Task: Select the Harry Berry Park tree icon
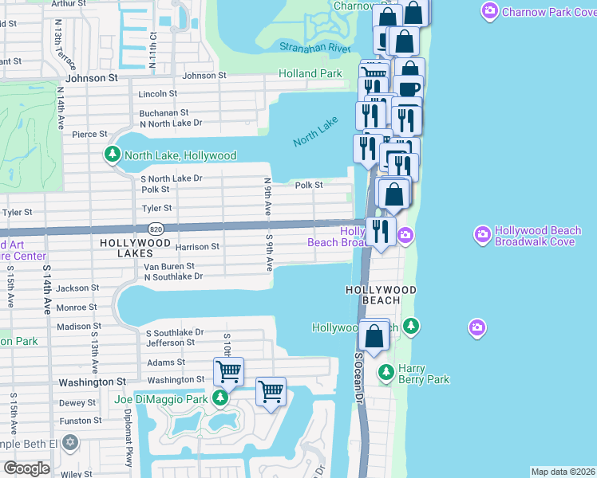pyautogui.click(x=385, y=372)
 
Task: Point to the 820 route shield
pyautogui.click(x=156, y=228)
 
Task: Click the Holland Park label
pyautogui.click(x=310, y=74)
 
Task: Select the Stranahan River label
pyautogui.click(x=315, y=49)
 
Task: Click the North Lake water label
pyautogui.click(x=315, y=131)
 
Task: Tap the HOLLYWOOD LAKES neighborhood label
pyautogui.click(x=135, y=242)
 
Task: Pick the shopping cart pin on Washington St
pyautogui.click(x=228, y=370)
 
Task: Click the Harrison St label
pyautogui.click(x=197, y=247)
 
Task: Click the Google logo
pyautogui.click(x=26, y=468)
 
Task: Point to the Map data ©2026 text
pyautogui.click(x=562, y=472)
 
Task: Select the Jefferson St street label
pyautogui.click(x=170, y=343)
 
